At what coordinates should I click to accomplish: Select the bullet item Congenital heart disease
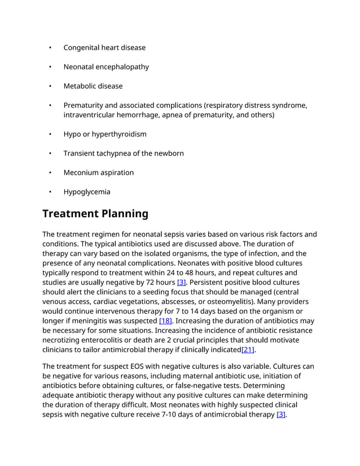[x=104, y=47]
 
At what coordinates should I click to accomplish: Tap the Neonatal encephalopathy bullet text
[x=106, y=67]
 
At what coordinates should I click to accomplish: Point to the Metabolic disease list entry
[x=93, y=86]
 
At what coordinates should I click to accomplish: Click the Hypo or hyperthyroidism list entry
[x=104, y=134]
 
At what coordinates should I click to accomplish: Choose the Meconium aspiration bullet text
[x=98, y=172]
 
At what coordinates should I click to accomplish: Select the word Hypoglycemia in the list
[x=87, y=191]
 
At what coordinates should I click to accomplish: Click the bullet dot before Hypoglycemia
[x=50, y=192]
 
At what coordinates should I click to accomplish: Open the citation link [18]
[x=165, y=320]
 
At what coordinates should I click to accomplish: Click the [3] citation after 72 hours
[x=181, y=282]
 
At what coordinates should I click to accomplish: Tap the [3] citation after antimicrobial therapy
[x=281, y=415]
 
